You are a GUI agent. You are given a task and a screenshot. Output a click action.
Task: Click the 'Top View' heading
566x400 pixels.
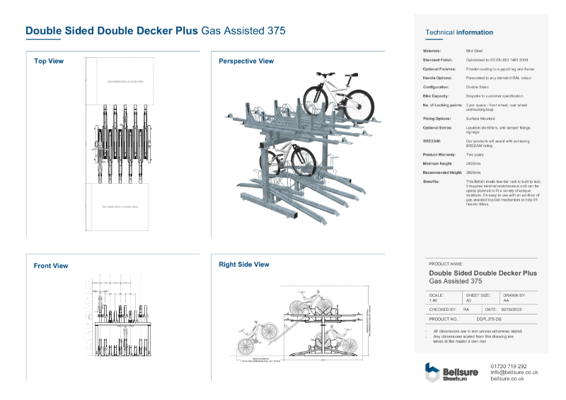(x=49, y=61)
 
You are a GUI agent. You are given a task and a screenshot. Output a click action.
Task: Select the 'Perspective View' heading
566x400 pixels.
(x=246, y=61)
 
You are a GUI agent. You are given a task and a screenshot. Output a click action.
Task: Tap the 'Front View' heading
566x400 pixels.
(x=51, y=266)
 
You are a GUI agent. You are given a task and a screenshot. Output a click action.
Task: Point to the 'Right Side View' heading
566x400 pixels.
(x=244, y=264)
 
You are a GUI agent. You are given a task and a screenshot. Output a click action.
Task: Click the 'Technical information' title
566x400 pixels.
(x=459, y=33)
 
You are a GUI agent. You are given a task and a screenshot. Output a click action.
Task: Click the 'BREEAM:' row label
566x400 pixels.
(x=432, y=141)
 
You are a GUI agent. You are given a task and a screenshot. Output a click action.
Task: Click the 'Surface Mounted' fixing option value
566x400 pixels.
(x=479, y=118)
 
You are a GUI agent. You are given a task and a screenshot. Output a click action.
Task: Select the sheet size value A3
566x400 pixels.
(x=468, y=300)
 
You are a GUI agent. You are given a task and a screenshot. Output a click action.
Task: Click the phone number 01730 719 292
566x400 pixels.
(x=509, y=366)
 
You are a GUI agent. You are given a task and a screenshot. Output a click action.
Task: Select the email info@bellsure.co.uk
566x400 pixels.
(x=514, y=372)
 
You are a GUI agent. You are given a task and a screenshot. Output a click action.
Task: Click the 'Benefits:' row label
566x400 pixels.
(x=432, y=182)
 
